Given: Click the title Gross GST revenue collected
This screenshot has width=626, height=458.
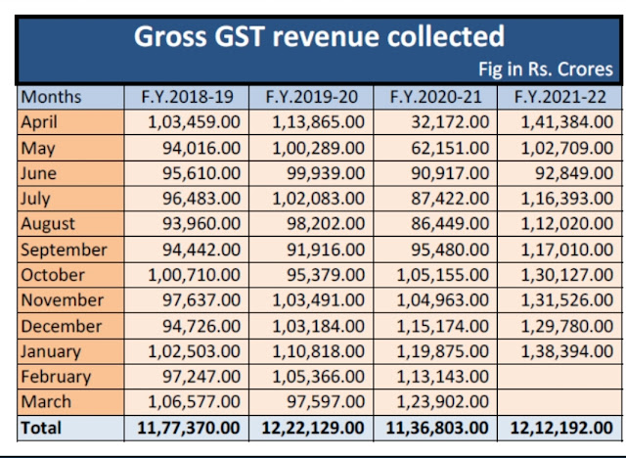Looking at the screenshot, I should tap(319, 37).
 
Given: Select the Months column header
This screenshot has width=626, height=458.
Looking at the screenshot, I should tap(52, 97).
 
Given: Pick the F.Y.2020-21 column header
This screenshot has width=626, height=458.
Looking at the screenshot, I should tap(433, 97).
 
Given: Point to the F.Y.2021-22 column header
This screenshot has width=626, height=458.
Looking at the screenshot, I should tap(558, 97).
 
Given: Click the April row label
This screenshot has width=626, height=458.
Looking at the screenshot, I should tap(40, 122).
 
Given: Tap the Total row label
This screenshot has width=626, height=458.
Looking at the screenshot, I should tap(41, 428).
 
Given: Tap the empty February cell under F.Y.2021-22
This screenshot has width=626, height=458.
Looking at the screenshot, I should tap(558, 377).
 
